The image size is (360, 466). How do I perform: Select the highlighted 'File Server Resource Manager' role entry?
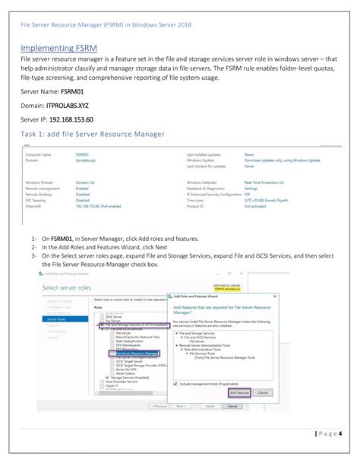click(137, 353)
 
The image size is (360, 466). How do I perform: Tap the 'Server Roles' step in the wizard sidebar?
click(55, 320)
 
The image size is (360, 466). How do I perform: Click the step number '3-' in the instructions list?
click(34, 256)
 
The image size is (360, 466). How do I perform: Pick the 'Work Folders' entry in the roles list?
click(126, 372)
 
